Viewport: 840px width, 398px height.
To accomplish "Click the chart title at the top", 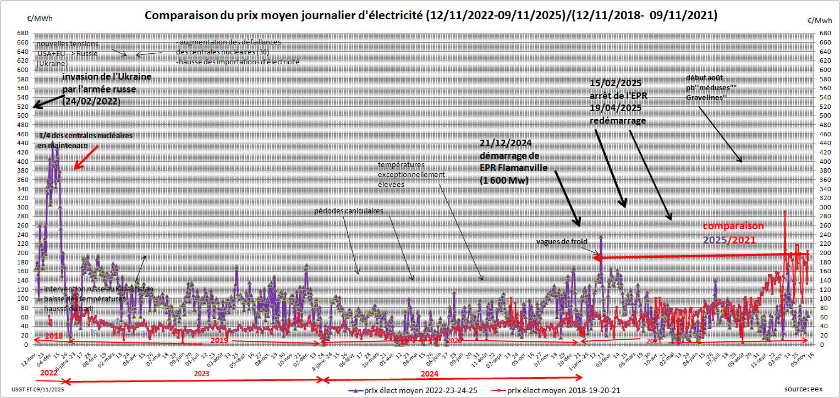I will click(x=431, y=15).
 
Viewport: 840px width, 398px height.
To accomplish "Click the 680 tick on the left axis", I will click(x=24, y=34).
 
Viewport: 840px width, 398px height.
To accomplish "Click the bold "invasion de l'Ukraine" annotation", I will click(x=107, y=77).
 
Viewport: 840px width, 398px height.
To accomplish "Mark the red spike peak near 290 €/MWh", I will click(x=785, y=212).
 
